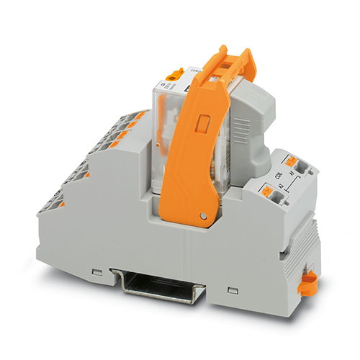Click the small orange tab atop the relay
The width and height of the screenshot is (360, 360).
pyautogui.click(x=174, y=73)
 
